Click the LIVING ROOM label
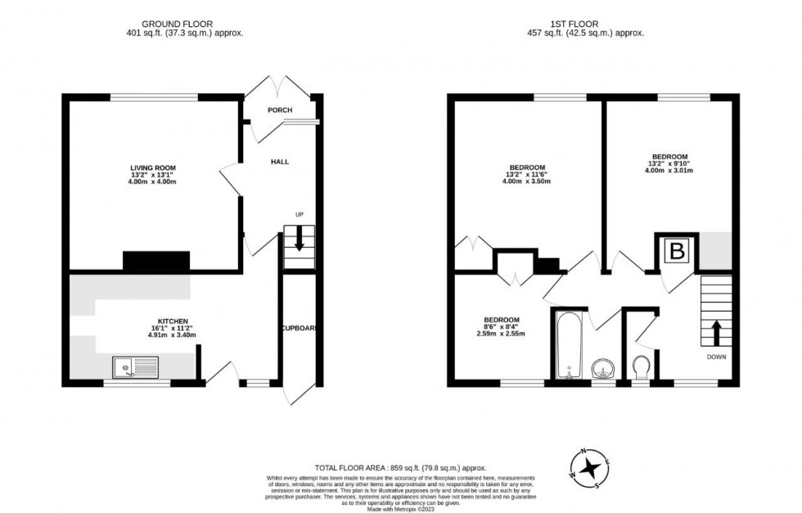(154, 167)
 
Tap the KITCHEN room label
(173, 321)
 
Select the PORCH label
(279, 110)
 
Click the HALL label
(280, 162)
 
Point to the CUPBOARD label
(299, 328)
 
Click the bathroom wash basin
(603, 367)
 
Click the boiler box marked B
(677, 251)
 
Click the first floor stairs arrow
(716, 333)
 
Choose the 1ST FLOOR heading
(585, 23)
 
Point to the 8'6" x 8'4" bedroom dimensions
(501, 327)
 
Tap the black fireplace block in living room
(156, 261)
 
